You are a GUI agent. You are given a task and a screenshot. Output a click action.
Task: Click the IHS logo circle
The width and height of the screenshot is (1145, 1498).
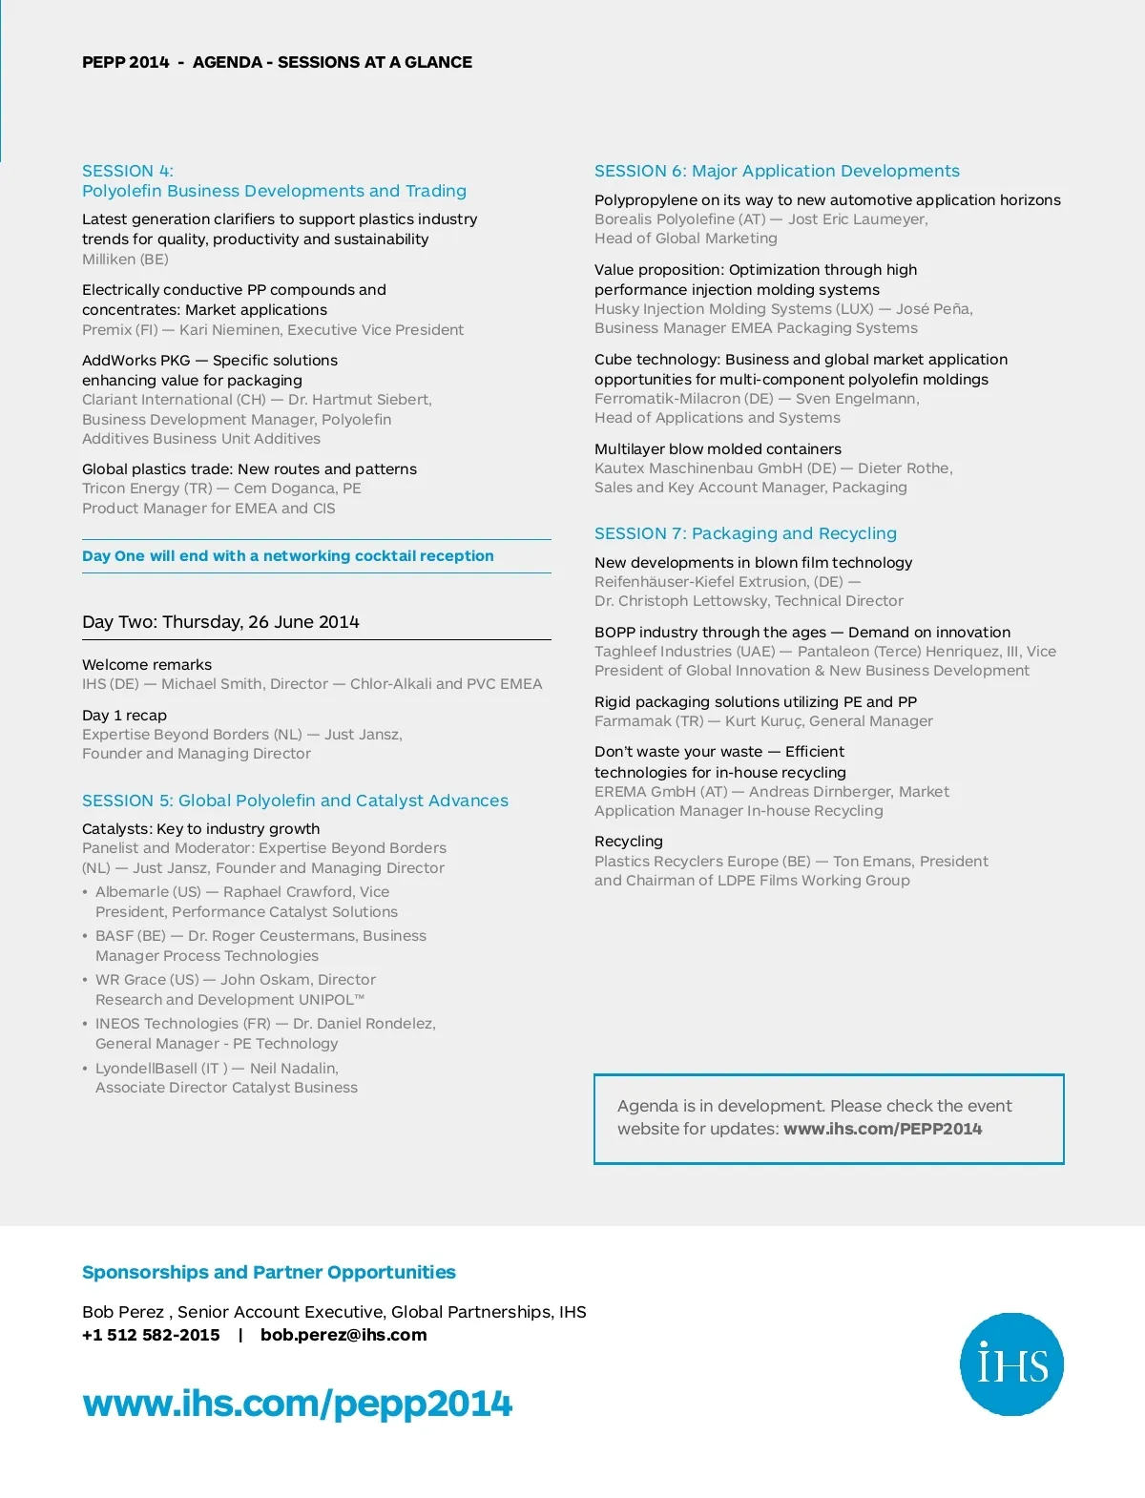1011,1363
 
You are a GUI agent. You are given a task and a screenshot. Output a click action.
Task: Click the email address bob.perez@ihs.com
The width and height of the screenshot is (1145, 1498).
343,1335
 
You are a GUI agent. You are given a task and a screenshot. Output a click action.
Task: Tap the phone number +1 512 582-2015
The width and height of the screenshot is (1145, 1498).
151,1335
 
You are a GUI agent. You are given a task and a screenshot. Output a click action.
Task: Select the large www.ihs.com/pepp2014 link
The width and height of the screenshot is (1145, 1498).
297,1404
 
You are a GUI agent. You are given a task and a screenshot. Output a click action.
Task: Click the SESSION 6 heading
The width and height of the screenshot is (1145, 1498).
777,171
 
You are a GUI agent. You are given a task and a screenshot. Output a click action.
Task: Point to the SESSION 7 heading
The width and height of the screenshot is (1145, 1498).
745,533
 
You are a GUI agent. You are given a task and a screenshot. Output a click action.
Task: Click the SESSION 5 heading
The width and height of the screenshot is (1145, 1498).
295,801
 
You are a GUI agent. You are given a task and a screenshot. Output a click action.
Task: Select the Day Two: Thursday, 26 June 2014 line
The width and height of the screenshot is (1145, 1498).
220,622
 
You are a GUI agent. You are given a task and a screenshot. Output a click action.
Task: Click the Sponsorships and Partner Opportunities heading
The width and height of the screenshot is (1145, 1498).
268,1272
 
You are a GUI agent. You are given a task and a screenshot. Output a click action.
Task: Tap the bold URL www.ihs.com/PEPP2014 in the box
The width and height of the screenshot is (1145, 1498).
883,1129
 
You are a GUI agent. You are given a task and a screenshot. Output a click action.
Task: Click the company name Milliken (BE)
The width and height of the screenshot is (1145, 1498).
125,260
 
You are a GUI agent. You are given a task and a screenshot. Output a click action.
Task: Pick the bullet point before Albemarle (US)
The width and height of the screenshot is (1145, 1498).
85,892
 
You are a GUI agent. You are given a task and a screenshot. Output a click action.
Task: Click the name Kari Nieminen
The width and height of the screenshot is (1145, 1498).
229,330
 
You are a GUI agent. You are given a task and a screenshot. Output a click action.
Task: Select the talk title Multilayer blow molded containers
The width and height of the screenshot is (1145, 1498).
718,449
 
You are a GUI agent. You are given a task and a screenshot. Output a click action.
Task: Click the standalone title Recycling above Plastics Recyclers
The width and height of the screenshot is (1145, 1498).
628,842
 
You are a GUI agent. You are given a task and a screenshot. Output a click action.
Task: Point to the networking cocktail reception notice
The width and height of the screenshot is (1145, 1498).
287,556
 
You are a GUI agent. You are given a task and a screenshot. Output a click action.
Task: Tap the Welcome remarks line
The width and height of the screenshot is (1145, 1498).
147,665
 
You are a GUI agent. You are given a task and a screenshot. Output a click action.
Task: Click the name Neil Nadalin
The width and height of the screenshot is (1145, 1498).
293,1069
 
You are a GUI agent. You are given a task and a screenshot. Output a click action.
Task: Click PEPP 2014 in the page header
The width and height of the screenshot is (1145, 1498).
125,62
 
